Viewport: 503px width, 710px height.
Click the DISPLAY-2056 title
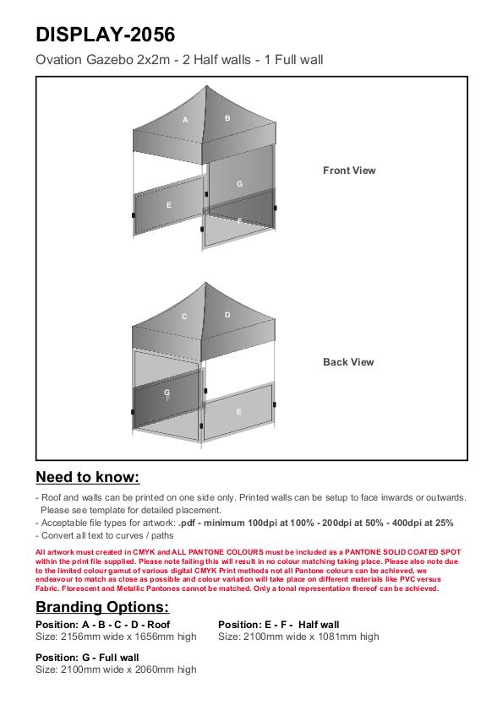pyautogui.click(x=105, y=35)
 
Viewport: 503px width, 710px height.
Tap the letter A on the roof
pyautogui.click(x=185, y=120)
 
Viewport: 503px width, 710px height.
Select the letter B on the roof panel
pyautogui.click(x=227, y=118)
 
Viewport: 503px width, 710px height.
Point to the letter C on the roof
pyautogui.click(x=184, y=317)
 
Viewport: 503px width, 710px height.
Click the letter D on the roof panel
pyautogui.click(x=227, y=315)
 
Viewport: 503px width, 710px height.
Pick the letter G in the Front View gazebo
pyautogui.click(x=239, y=184)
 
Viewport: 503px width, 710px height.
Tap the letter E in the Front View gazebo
pyautogui.click(x=169, y=205)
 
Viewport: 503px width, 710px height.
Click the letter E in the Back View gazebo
pyautogui.click(x=239, y=412)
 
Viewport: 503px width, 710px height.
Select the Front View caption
pyautogui.click(x=349, y=171)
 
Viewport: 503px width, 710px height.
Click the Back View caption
pyautogui.click(x=348, y=362)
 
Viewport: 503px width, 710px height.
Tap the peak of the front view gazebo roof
pyautogui.click(x=206, y=85)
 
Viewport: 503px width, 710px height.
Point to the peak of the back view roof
pyautogui.click(x=206, y=283)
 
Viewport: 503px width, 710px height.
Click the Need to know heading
pyautogui.click(x=88, y=477)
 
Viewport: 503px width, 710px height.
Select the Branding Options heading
pyautogui.click(x=102, y=607)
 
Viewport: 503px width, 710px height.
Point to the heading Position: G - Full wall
pyautogui.click(x=87, y=658)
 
